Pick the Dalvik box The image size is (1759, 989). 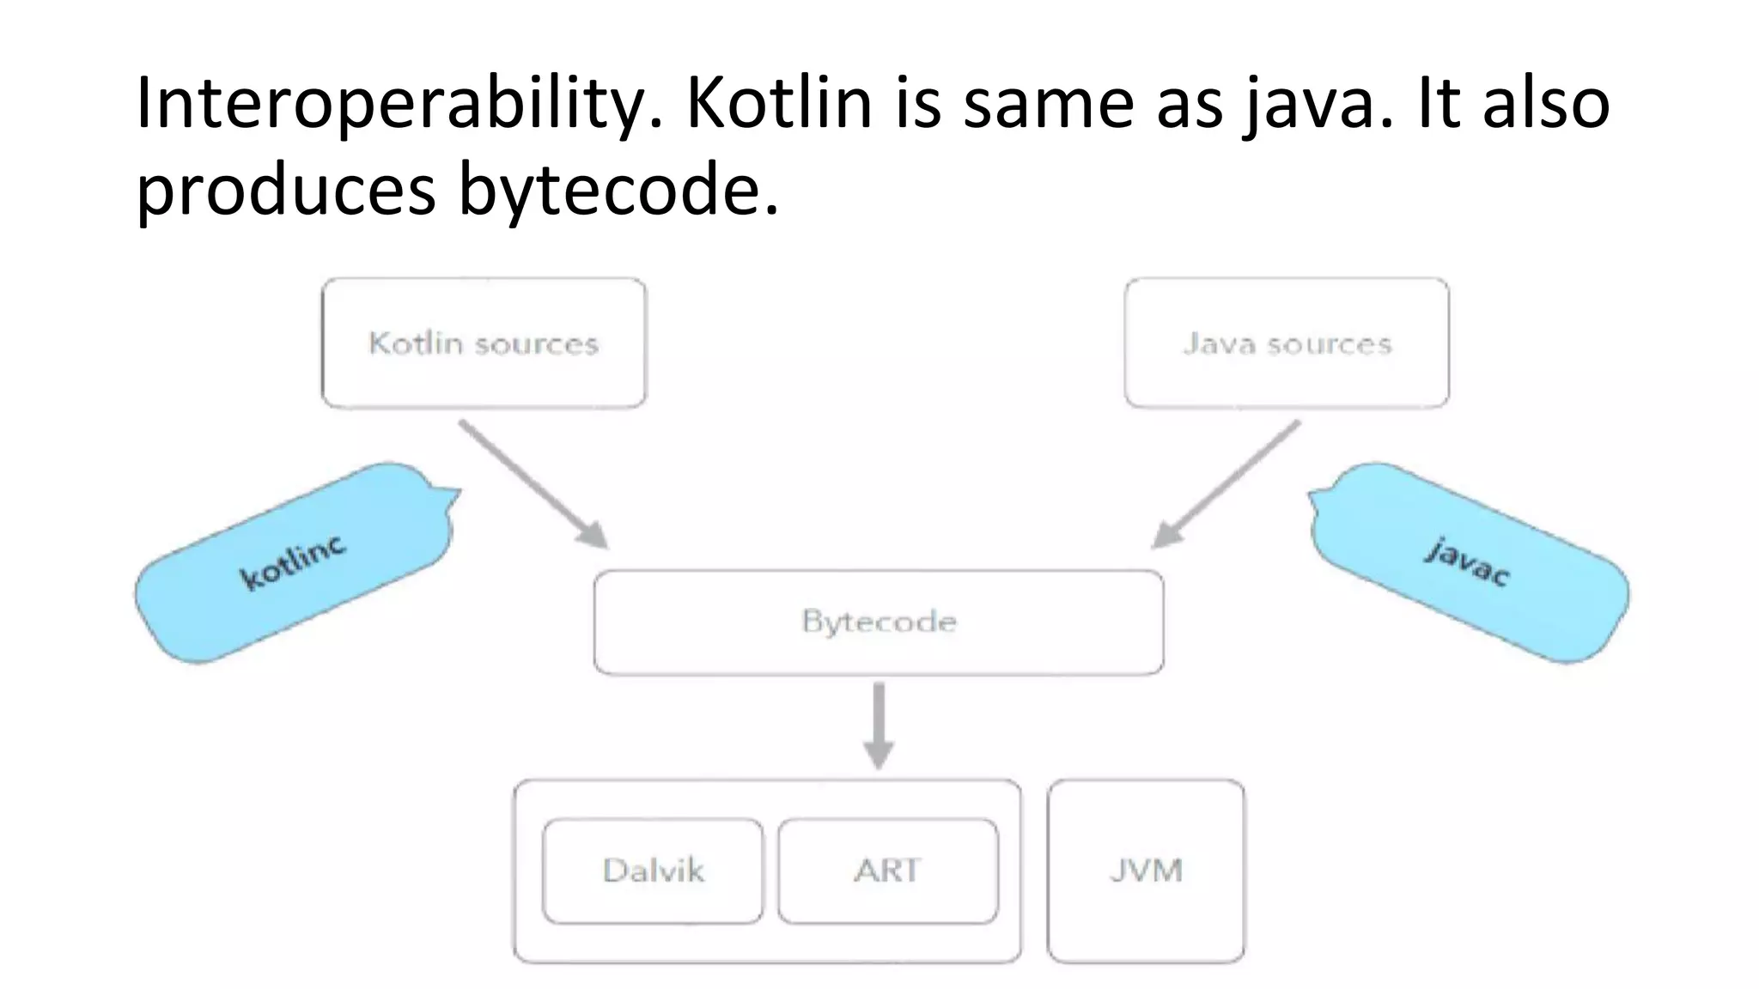[x=653, y=871]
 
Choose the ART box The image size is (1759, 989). [x=887, y=871]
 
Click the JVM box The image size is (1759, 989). [x=1146, y=871]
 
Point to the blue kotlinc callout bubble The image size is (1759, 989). [x=292, y=563]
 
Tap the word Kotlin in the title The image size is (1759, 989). [x=779, y=103]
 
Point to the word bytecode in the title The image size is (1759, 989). [x=618, y=191]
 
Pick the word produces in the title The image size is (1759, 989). [x=286, y=191]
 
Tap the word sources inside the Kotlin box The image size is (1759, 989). [x=537, y=344]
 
